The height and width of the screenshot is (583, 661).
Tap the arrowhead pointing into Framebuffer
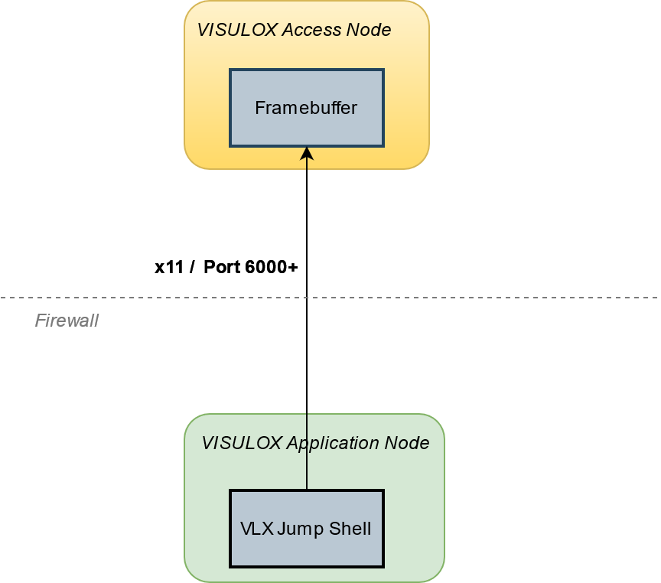pos(307,153)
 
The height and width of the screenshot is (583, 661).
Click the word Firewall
pos(67,321)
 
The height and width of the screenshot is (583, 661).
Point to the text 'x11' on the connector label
pos(168,267)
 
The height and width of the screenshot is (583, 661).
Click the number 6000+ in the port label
pos(272,267)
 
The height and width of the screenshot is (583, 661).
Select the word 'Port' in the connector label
pos(223,267)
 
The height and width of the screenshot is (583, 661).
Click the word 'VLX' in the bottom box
pos(257,529)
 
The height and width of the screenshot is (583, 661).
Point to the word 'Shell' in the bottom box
pos(349,529)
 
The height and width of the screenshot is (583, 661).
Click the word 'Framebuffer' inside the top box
pos(306,108)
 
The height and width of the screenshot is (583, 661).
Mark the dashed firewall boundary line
pos(497,297)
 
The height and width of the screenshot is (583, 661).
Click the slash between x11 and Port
pos(192,267)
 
